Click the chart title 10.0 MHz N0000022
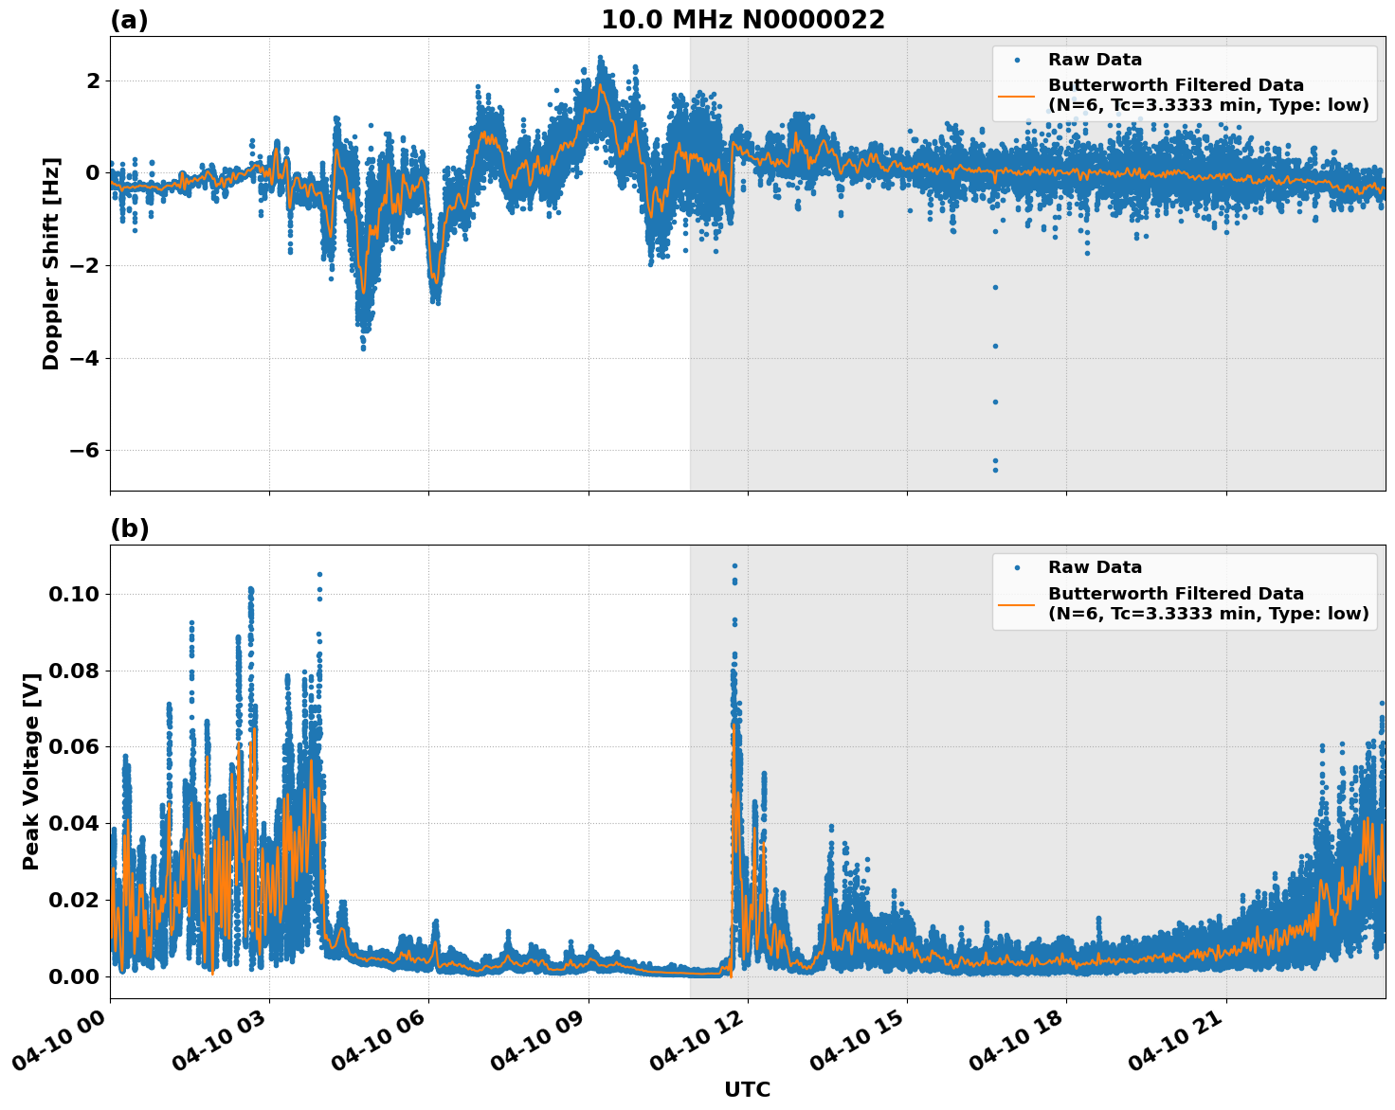(x=742, y=20)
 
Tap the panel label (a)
(x=129, y=20)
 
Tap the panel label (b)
(x=129, y=528)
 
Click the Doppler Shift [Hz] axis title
(x=51, y=263)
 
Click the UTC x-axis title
(x=747, y=1089)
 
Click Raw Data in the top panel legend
(x=1095, y=60)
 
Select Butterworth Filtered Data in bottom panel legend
(x=1175, y=594)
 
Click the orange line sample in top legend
(x=1017, y=95)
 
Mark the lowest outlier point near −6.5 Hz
(x=995, y=470)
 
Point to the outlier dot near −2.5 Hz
(x=995, y=287)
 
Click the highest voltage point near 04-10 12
(x=734, y=565)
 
